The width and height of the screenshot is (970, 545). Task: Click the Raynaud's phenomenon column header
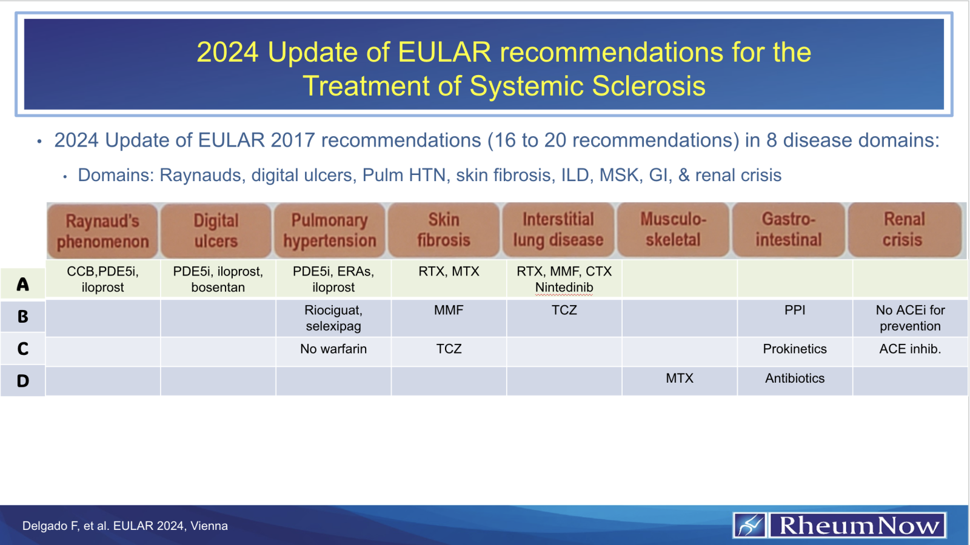102,231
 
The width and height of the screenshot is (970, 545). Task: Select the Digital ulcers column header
216,231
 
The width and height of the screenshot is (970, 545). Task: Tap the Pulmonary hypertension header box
330,231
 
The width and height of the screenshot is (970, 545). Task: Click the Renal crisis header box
904,230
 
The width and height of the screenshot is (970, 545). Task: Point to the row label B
23,317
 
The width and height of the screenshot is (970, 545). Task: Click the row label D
23,381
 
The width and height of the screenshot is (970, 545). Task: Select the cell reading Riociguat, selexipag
333,318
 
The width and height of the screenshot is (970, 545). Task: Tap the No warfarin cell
333,349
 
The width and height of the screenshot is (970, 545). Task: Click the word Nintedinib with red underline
564,288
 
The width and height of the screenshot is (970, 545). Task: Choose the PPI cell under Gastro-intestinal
795,310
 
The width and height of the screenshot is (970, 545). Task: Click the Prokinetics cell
795,349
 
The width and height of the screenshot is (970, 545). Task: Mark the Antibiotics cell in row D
795,378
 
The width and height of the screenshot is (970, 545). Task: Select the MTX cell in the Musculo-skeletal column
680,378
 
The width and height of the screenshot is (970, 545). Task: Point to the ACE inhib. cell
910,349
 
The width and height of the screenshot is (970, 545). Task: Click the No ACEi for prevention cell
910,318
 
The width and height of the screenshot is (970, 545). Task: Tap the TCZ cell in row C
449,349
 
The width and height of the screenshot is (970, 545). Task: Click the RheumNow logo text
858,525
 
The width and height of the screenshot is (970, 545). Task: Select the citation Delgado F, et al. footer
125,526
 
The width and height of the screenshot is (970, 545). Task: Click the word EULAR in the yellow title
444,52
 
